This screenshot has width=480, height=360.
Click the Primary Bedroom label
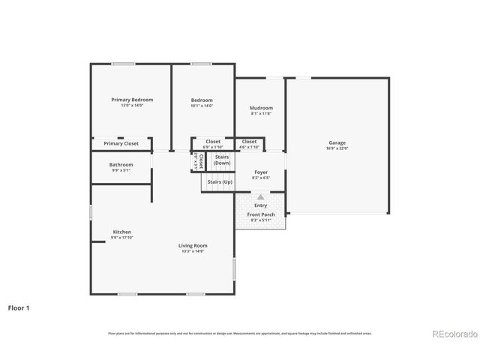(132, 100)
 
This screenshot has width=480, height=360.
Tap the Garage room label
(337, 142)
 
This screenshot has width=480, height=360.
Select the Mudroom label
(261, 108)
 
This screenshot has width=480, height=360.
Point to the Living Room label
(193, 245)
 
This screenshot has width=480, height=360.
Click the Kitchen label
(122, 232)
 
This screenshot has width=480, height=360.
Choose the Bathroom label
(121, 164)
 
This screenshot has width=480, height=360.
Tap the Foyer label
(261, 172)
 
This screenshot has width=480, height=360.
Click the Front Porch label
(261, 215)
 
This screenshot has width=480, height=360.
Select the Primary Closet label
(121, 143)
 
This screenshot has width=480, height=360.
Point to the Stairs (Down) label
(222, 160)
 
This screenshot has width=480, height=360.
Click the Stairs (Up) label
(220, 181)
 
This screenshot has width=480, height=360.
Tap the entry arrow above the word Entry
(261, 196)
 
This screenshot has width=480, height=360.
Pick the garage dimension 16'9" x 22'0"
(337, 148)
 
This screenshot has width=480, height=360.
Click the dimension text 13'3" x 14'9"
(193, 251)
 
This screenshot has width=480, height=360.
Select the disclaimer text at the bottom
(240, 333)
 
